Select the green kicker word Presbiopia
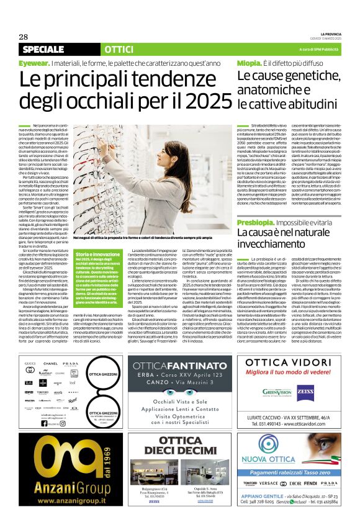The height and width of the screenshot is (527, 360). click(x=257, y=222)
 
